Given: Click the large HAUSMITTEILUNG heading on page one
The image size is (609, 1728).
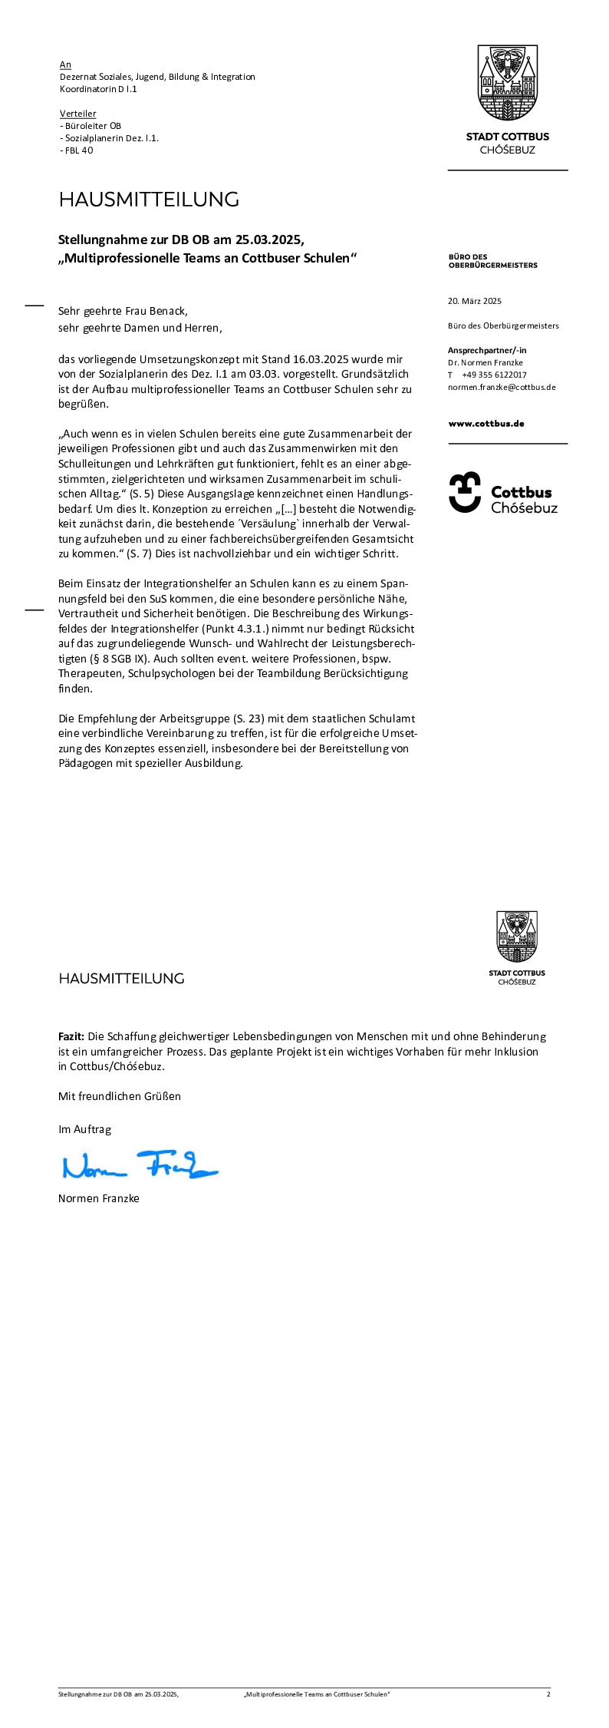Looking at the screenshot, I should [x=149, y=200].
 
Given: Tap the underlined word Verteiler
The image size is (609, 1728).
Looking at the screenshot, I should [x=78, y=114].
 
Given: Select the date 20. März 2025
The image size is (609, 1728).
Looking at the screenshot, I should [x=475, y=301].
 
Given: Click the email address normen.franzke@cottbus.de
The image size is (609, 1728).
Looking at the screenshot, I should [x=502, y=387].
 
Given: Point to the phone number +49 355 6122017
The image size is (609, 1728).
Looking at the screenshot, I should [x=494, y=375].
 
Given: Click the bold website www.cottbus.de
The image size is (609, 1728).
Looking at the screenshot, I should [x=486, y=424].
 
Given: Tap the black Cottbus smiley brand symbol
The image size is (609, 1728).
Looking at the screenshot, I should [x=465, y=492].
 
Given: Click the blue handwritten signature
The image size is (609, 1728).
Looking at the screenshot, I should [x=140, y=1165].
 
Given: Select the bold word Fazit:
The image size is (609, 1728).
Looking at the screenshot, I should [x=71, y=1036].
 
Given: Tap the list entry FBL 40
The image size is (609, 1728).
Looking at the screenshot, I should [x=79, y=150].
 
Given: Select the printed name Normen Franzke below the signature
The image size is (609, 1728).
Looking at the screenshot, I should [x=99, y=1198].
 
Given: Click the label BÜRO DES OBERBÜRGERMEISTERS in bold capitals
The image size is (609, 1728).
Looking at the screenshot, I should [x=492, y=261].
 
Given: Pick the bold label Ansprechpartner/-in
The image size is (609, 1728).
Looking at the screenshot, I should [x=487, y=350].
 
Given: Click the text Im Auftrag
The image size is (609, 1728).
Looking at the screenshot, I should [x=84, y=1129].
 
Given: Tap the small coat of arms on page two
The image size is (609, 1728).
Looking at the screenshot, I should [x=517, y=937].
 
